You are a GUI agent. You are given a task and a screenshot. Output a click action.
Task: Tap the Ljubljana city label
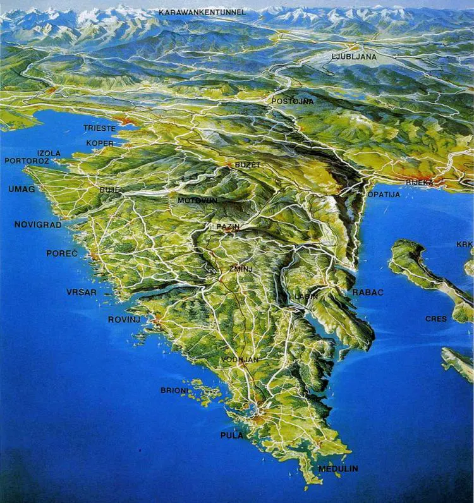(x=354, y=57)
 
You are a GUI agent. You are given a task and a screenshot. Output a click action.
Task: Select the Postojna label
(x=292, y=101)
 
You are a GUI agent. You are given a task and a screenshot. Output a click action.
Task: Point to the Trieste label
(x=99, y=128)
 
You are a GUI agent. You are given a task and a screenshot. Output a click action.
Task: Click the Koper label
(x=100, y=143)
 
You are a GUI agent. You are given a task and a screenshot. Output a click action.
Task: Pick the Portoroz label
(x=26, y=161)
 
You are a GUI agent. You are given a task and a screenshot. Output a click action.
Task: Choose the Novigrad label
(x=38, y=224)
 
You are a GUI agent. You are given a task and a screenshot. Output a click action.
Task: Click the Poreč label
(x=62, y=253)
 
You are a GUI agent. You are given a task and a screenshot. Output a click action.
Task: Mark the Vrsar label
(x=82, y=292)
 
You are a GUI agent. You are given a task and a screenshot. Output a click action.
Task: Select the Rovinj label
(x=124, y=320)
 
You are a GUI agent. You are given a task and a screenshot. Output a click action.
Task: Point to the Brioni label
(x=174, y=391)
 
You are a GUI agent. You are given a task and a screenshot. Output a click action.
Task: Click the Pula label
(x=231, y=435)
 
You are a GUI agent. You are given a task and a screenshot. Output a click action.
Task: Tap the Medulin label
(x=338, y=468)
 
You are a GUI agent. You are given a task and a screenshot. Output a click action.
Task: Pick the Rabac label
(x=368, y=293)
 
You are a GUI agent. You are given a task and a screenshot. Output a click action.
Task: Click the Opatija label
(x=384, y=195)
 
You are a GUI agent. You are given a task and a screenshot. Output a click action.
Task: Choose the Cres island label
(x=436, y=319)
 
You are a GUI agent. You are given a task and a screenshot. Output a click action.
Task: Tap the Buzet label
(x=248, y=164)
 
